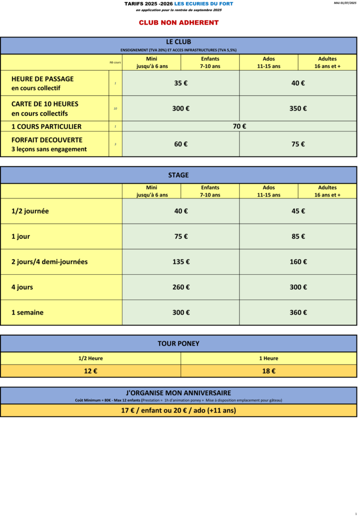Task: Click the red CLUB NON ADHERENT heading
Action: [x=179, y=23]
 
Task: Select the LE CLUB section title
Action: [x=179, y=42]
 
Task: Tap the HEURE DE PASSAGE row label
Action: [x=42, y=79]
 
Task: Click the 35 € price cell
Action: [x=181, y=83]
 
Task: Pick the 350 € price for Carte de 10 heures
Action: [x=298, y=109]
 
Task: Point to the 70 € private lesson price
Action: [x=239, y=127]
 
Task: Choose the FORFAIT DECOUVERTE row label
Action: [x=47, y=140]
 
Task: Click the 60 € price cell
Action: [x=181, y=144]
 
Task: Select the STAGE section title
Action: [x=179, y=175]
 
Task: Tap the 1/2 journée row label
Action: [x=30, y=212]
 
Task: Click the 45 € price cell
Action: [x=298, y=212]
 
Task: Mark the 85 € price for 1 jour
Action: [x=298, y=237]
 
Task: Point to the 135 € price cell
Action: [x=181, y=262]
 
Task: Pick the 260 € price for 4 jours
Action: [x=181, y=287]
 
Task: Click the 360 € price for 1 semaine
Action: [x=298, y=313]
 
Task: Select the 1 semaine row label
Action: [x=28, y=313]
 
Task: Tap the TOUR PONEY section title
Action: [x=179, y=344]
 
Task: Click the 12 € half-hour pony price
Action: [x=90, y=371]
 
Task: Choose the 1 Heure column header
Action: [x=269, y=358]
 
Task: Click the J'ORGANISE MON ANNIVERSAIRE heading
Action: [x=179, y=393]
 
